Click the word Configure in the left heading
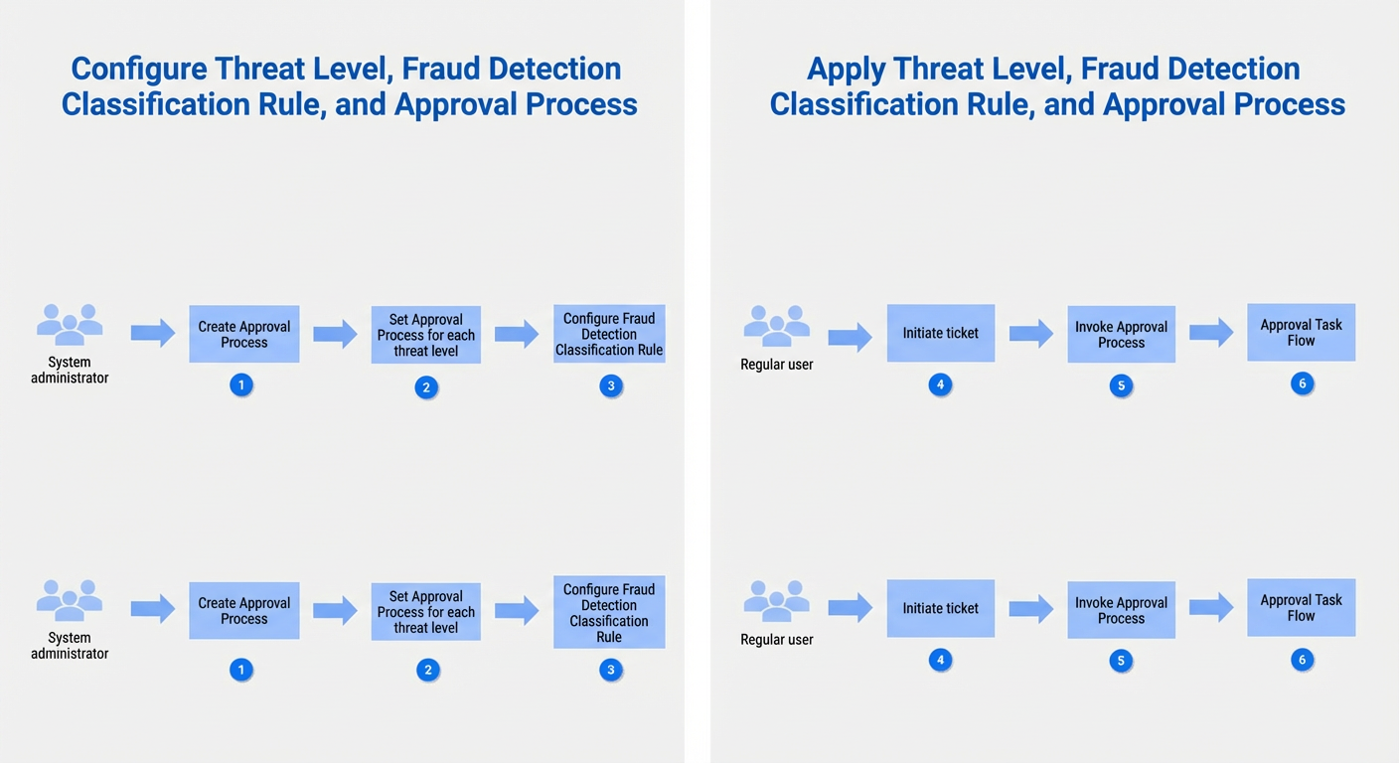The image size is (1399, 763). pos(139,70)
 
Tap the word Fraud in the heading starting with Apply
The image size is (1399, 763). pos(1120,69)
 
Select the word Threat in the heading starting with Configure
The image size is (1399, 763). pos(259,69)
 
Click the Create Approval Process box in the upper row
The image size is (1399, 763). pos(244,334)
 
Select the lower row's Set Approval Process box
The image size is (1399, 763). pos(426,612)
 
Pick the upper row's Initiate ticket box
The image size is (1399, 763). pos(941,333)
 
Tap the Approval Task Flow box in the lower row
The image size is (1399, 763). pos(1301,608)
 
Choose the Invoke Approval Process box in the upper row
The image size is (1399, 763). pos(1121,334)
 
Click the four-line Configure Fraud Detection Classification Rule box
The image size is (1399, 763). pos(609,612)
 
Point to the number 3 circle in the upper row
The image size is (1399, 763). pos(611,385)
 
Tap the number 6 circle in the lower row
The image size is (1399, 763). pos(1303,660)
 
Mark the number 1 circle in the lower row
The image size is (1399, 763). pos(241,670)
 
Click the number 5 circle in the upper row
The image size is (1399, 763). pos(1121,385)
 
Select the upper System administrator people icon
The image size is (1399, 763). pos(70,325)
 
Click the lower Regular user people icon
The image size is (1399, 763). pos(776,601)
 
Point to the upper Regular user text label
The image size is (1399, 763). pos(776,364)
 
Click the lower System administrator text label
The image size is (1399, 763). pos(70,646)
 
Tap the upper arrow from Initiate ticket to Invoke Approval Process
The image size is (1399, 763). pos(1031,334)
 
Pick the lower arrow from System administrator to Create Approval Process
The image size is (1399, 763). pos(153,609)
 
